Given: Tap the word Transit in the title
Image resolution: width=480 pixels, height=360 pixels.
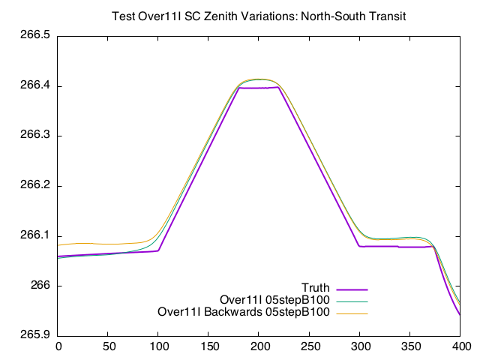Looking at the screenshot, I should [x=385, y=16].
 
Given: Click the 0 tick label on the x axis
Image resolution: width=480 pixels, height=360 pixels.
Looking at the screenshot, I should [x=58, y=347].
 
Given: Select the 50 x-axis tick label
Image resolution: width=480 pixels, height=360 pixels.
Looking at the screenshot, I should [x=109, y=347].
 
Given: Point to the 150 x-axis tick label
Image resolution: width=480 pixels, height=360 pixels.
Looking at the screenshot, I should [x=209, y=347].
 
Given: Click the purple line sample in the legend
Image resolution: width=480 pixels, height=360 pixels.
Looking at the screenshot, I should [x=352, y=289].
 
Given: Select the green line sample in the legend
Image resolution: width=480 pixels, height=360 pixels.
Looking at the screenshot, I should [x=352, y=301].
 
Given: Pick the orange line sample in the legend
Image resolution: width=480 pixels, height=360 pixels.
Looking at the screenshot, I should [x=352, y=313].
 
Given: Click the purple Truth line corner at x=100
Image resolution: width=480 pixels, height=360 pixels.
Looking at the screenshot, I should [x=158, y=250].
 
